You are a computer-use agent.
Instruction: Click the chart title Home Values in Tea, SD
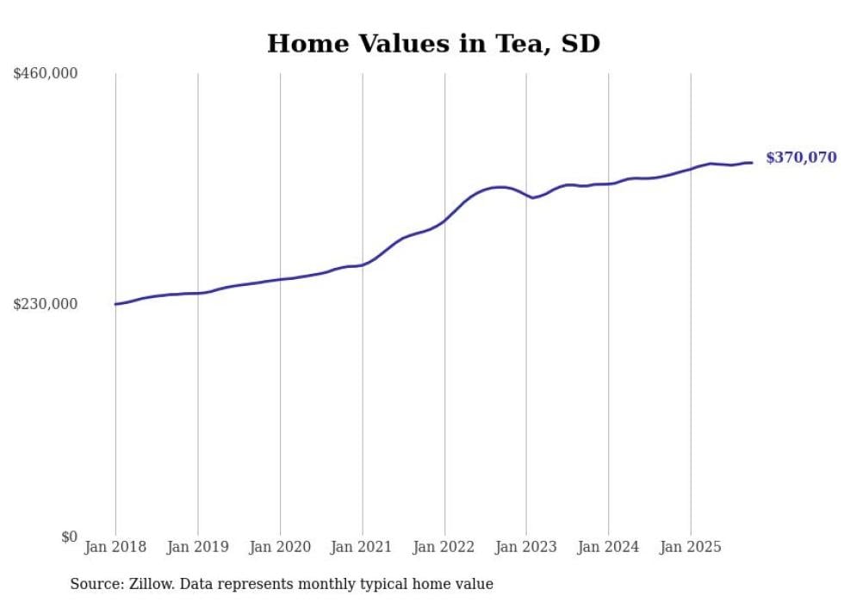pos(433,43)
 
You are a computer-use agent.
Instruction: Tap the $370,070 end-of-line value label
pos(801,158)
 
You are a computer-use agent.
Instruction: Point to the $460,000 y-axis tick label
pos(45,74)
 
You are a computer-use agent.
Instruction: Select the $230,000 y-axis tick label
pos(45,304)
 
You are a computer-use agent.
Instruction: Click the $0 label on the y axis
pos(69,537)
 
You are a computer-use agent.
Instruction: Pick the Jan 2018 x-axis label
pos(115,547)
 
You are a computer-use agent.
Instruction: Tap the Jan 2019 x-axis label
pos(198,547)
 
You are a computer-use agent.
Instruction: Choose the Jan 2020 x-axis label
pos(280,547)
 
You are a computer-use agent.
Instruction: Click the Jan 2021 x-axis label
pos(362,547)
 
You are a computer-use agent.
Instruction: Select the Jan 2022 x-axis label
pos(444,547)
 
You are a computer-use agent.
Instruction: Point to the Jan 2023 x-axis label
pos(526,547)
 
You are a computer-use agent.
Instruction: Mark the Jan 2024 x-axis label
pos(608,547)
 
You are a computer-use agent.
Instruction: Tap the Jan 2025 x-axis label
pos(690,547)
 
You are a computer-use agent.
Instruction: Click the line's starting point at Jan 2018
pos(115,304)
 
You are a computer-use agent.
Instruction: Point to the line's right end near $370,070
pos(752,163)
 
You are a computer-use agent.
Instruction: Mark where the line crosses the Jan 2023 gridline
pos(526,195)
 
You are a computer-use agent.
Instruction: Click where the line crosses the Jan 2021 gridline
pos(362,264)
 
